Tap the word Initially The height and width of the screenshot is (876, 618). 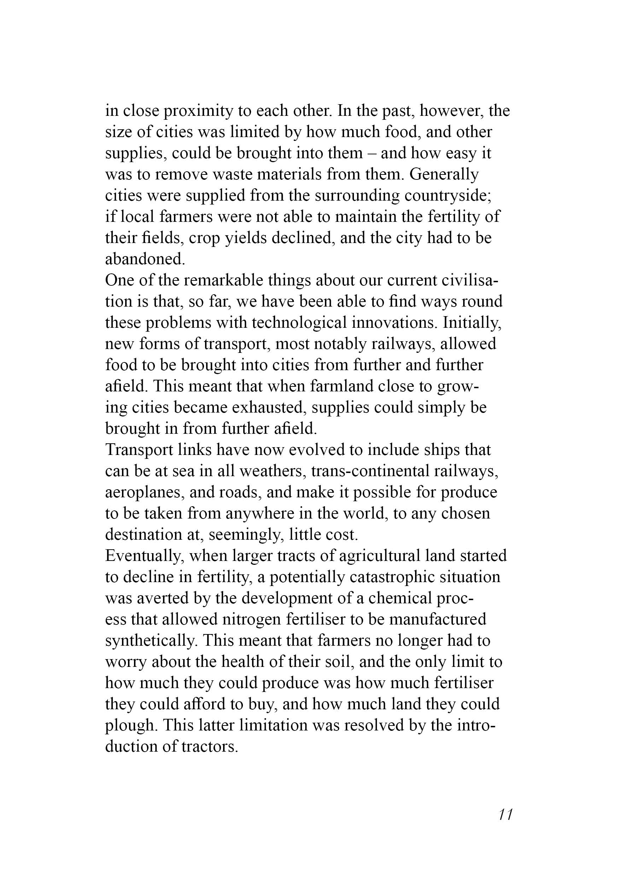click(x=472, y=323)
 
